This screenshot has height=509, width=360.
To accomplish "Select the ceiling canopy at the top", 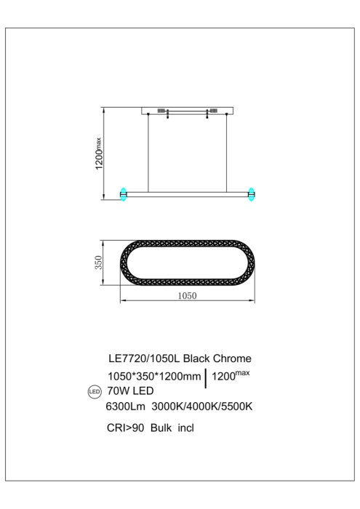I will tap(188, 111).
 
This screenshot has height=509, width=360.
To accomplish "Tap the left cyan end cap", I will tap(123, 193).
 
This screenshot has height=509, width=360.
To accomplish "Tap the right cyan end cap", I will tap(252, 193).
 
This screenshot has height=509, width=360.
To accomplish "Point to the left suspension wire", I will tap(151, 153).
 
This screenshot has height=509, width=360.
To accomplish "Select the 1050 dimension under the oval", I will tap(188, 297).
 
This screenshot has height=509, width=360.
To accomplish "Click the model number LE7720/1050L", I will tap(143, 358).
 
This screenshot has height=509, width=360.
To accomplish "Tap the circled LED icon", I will tap(92, 393).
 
